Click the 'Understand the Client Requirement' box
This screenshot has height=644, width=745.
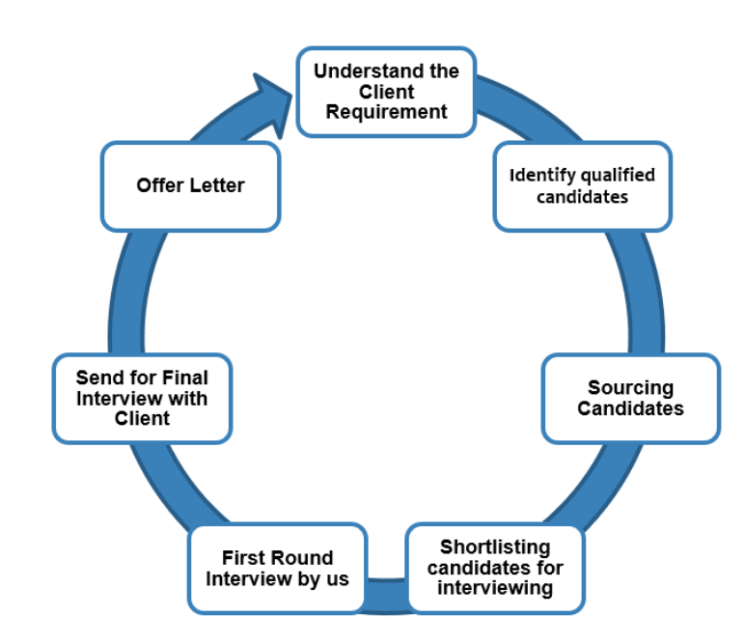click(386, 92)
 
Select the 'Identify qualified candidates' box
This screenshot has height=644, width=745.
click(582, 186)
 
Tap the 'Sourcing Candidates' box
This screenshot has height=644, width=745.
click(630, 398)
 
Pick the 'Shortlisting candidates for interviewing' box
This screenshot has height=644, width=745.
click(495, 568)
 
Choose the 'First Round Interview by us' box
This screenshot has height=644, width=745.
click(277, 568)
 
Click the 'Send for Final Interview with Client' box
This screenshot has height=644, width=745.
click(141, 398)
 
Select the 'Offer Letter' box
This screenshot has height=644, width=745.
click(190, 185)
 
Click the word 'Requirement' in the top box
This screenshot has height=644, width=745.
click(386, 112)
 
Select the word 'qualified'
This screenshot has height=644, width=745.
click(618, 176)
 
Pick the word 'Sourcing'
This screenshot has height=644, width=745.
click(631, 387)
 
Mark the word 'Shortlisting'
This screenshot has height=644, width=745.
click(495, 547)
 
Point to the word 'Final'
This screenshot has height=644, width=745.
click(184, 378)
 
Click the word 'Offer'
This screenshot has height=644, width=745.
click(160, 185)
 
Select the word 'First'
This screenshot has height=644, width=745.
click(244, 558)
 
